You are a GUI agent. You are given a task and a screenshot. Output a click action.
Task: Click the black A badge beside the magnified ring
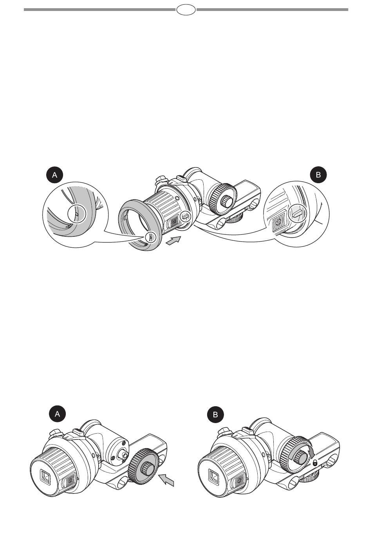(55, 175)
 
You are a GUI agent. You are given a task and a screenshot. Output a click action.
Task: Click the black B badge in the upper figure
(318, 175)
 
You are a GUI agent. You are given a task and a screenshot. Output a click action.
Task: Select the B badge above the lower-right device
(215, 414)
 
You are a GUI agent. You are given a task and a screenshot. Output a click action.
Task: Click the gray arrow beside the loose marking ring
(173, 241)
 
